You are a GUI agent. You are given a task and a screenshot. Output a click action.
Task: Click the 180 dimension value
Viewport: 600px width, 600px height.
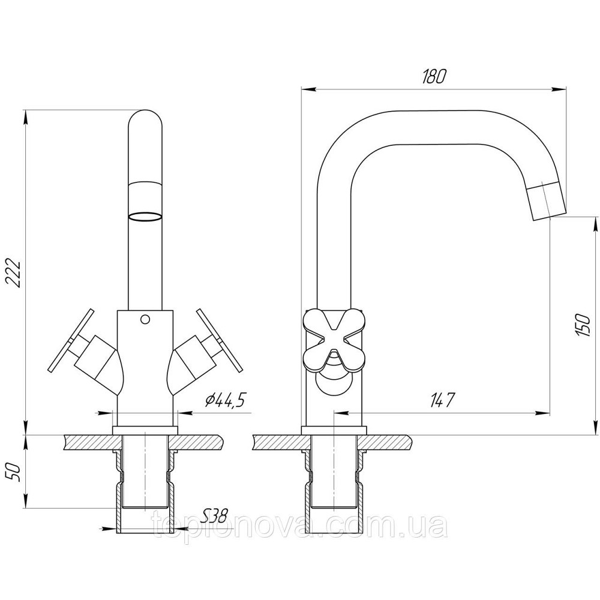[x=434, y=77]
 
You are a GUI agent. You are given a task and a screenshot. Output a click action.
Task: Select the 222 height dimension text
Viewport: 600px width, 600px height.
[x=13, y=272]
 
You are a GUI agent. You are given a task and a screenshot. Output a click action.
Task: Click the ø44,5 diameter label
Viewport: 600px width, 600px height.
[x=224, y=401]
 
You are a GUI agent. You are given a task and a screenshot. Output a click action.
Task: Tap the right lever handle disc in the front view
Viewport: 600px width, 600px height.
[x=220, y=341]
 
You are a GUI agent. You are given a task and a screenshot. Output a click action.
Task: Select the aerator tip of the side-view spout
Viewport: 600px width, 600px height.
[x=547, y=201]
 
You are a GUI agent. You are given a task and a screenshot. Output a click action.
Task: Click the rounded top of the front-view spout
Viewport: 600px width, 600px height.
[x=145, y=118]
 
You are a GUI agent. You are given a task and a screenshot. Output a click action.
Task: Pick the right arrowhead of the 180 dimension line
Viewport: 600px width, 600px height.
[x=559, y=89]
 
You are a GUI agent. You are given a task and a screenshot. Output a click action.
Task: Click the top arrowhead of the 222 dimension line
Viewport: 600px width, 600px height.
[x=26, y=117]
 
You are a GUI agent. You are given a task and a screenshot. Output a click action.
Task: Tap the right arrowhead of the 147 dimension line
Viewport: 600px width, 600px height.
[x=542, y=413]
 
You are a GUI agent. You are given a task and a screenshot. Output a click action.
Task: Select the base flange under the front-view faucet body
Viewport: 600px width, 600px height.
[x=145, y=430]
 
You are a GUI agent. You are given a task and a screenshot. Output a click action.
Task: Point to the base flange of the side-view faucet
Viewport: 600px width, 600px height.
[x=334, y=430]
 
